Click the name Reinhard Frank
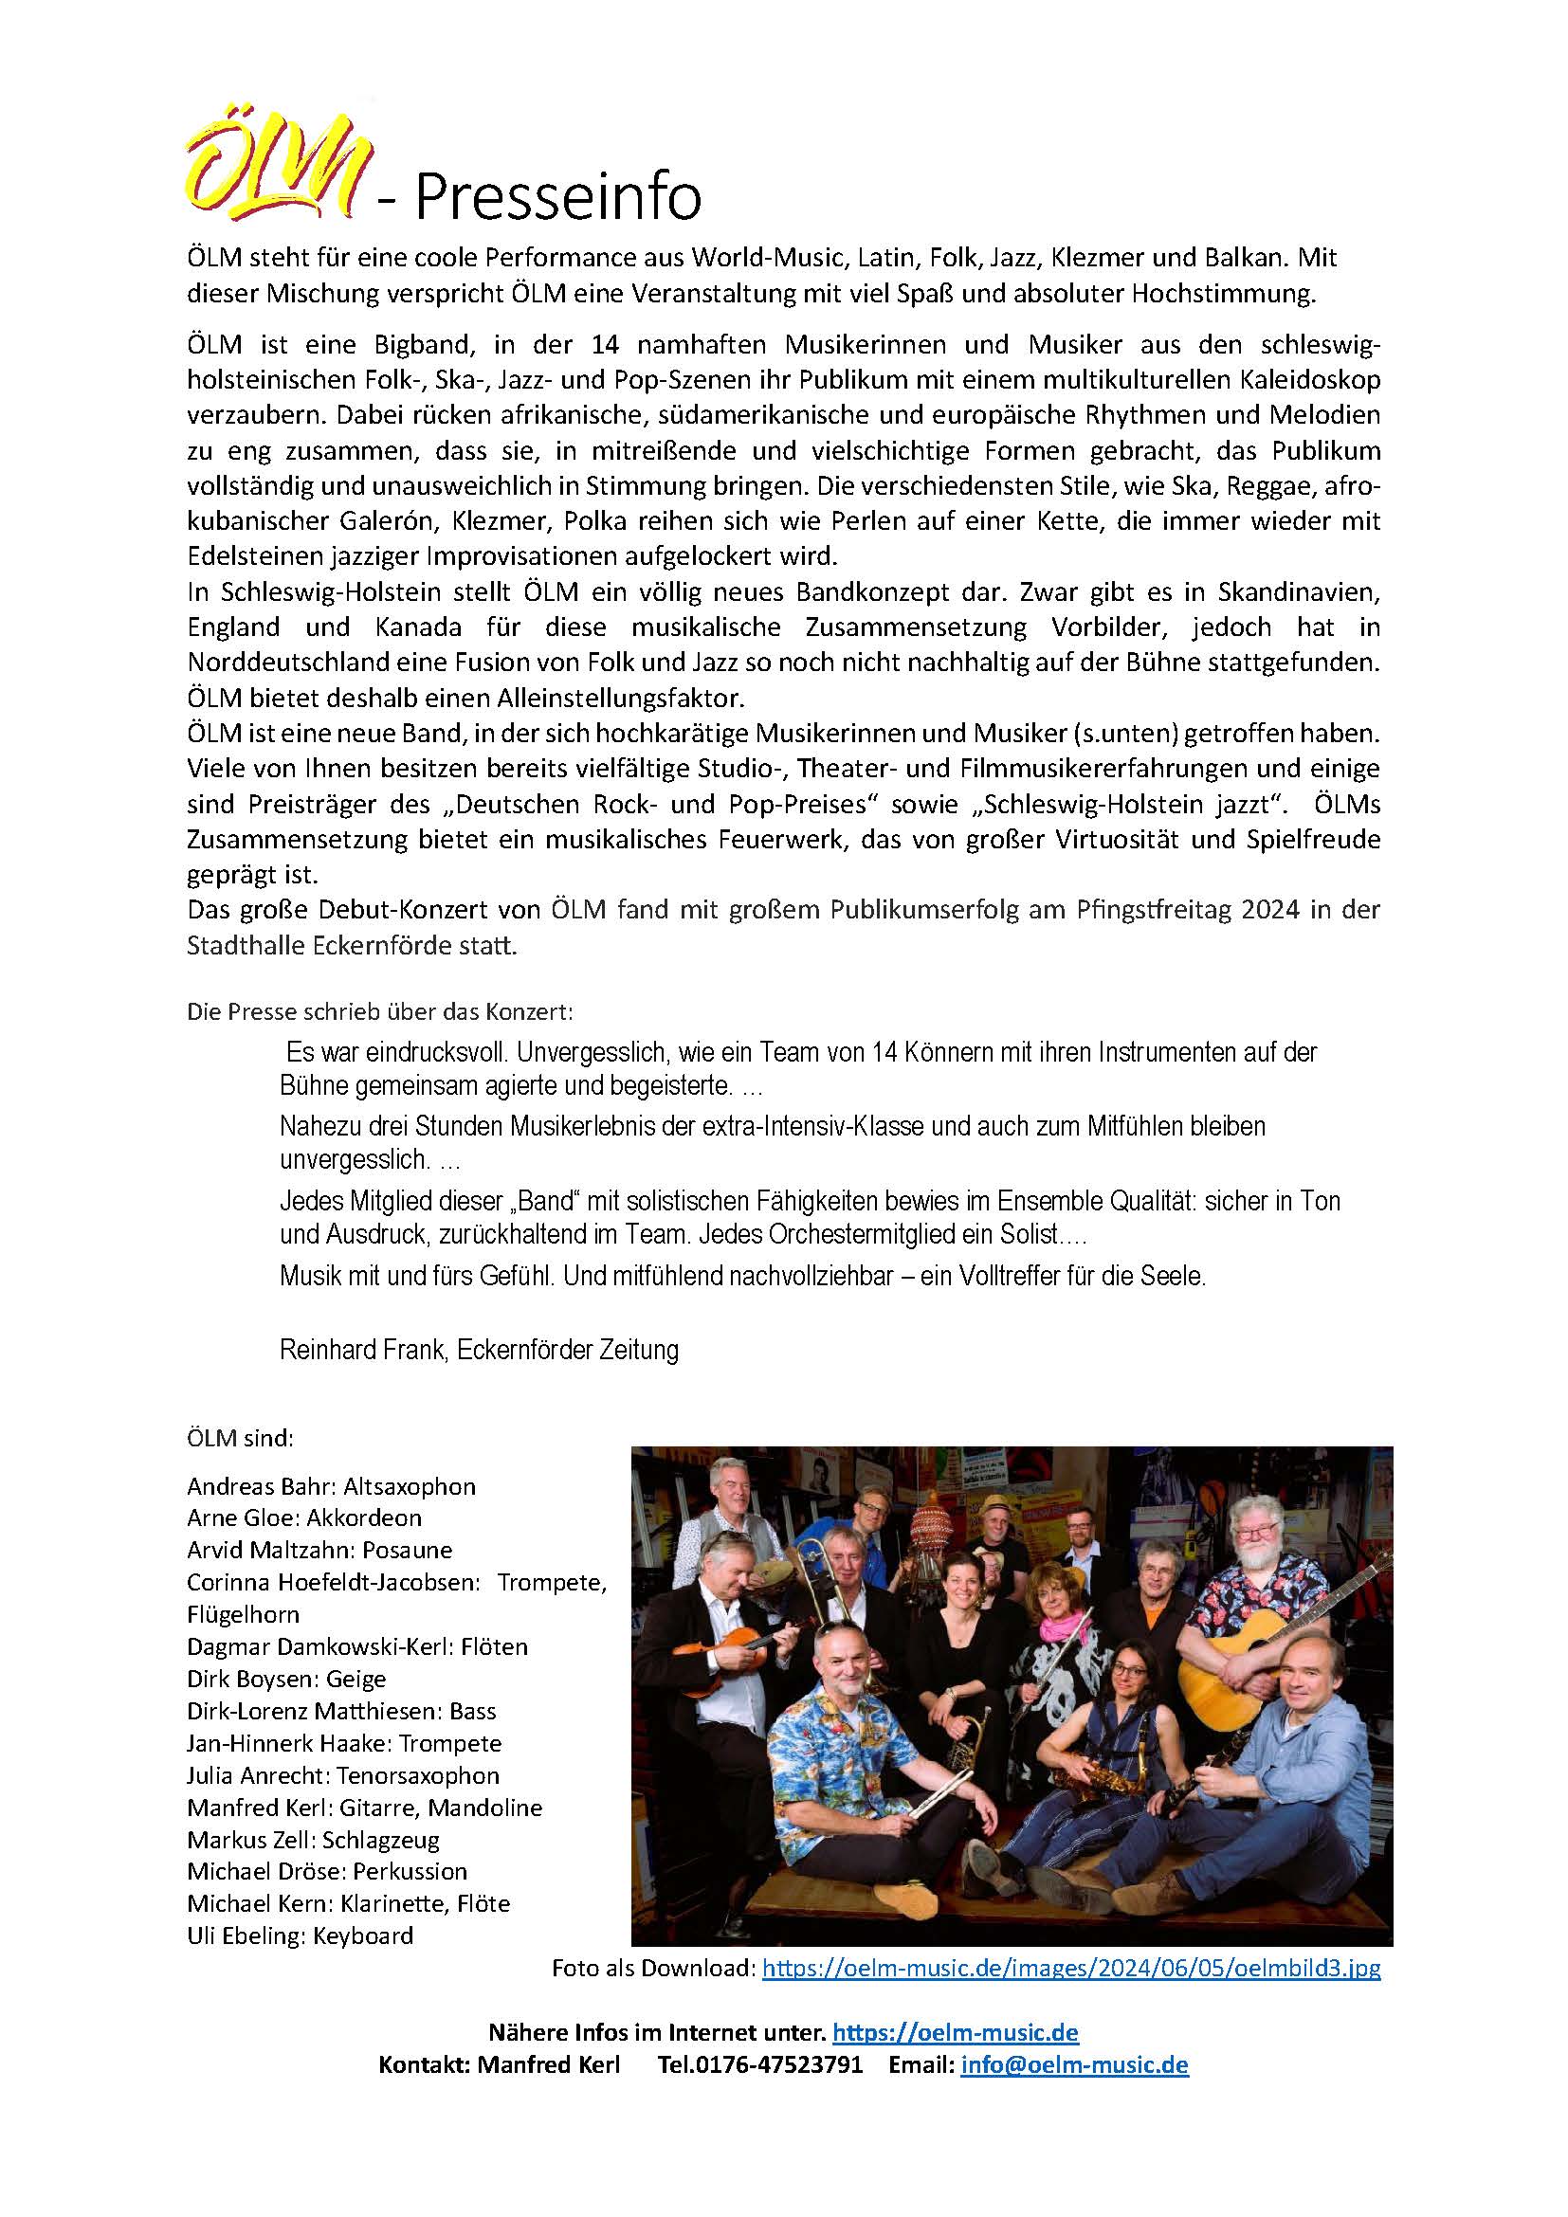[x=361, y=1349]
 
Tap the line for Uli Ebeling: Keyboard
[x=300, y=1935]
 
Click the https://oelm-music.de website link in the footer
[x=955, y=2032]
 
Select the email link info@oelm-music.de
[x=1074, y=2064]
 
